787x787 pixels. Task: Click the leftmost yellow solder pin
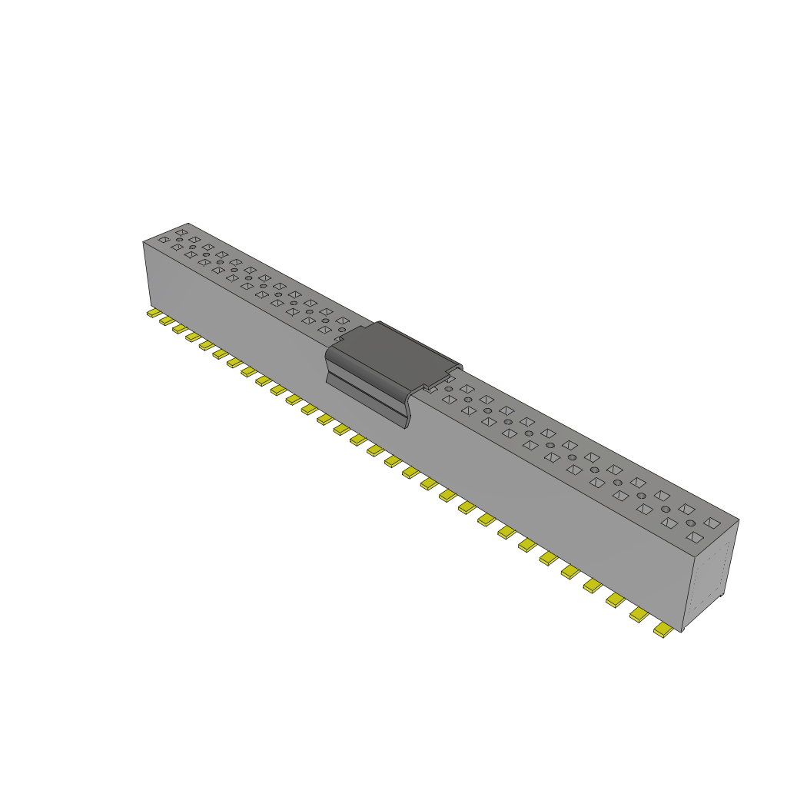(x=153, y=314)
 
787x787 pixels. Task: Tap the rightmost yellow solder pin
(x=662, y=629)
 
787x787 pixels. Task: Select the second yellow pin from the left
(x=166, y=320)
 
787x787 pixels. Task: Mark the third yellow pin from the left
(x=180, y=329)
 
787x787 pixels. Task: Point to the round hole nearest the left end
(x=179, y=240)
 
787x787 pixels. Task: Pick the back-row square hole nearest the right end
(x=712, y=523)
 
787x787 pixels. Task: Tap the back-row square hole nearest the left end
(x=181, y=231)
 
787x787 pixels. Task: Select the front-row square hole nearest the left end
(x=163, y=240)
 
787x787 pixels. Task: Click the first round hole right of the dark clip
(x=448, y=389)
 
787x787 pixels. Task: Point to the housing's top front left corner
(x=144, y=243)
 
